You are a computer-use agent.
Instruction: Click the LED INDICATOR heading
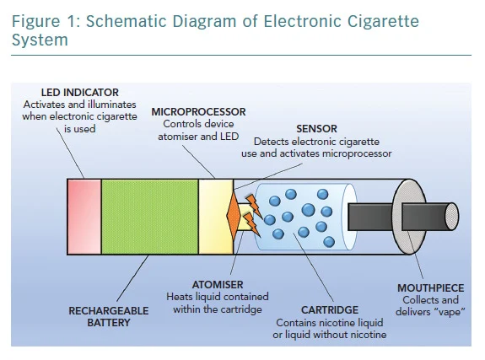point(80,93)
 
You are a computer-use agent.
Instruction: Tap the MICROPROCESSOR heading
point(198,111)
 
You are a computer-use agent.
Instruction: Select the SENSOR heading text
point(316,129)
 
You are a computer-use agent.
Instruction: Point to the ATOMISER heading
point(218,284)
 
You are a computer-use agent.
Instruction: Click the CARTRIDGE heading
point(330,310)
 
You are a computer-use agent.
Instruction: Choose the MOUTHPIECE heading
point(430,288)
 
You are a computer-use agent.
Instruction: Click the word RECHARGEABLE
point(109,311)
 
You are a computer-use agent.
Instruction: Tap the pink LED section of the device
point(84,217)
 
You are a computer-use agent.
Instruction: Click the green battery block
point(150,217)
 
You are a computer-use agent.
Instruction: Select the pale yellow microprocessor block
point(216,217)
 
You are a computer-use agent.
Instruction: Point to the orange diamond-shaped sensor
point(234,216)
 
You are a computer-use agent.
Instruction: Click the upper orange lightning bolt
point(254,206)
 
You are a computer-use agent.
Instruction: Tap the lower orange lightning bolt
point(251,224)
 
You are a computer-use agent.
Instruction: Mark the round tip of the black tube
point(452,217)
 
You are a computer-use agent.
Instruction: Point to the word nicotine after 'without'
point(368,335)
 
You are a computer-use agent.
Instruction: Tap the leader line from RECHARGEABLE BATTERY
point(132,278)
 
